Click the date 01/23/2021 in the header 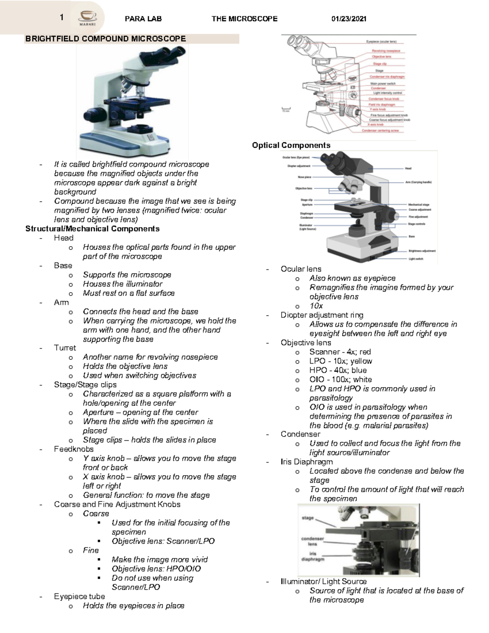[x=349, y=19]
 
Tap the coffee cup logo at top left [x=88, y=18]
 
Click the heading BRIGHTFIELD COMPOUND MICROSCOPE [x=106, y=39]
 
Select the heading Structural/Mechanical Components [x=93, y=229]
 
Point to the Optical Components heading [x=291, y=145]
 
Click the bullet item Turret [x=65, y=348]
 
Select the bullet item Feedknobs [x=74, y=449]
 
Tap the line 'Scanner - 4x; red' [x=340, y=352]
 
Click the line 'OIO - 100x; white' [x=340, y=379]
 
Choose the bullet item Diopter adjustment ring [x=322, y=315]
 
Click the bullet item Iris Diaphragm [x=306, y=462]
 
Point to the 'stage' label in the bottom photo [x=308, y=518]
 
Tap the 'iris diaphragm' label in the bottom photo [x=313, y=556]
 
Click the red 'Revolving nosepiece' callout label [x=385, y=51]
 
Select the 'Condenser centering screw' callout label [x=383, y=131]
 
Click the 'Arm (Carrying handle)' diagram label [x=418, y=182]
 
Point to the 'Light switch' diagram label [x=416, y=259]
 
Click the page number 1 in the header [x=62, y=17]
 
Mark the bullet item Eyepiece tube [x=79, y=596]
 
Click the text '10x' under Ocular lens [x=316, y=306]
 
